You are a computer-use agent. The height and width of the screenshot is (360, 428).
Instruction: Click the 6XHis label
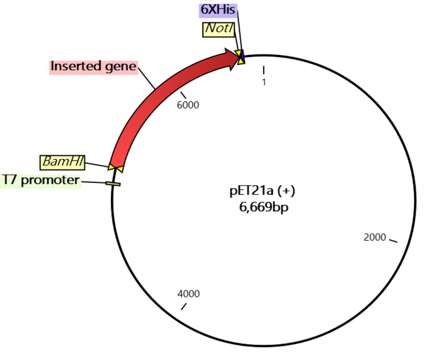[218, 10]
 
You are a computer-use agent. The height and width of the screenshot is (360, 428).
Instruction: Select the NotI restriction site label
[219, 30]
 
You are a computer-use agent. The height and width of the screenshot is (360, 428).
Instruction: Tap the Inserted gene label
[94, 67]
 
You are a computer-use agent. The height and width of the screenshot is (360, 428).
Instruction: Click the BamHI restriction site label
[62, 162]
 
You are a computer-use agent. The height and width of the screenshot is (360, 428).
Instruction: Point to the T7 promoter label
[41, 181]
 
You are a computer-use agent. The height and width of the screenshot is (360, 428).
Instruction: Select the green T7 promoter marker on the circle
[113, 184]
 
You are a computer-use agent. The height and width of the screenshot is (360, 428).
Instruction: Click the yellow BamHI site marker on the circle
[116, 168]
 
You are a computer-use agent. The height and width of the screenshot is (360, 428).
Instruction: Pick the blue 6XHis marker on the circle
[242, 56]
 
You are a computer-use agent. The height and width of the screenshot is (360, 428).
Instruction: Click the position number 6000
[188, 105]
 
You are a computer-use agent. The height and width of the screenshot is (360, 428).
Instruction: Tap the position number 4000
[188, 294]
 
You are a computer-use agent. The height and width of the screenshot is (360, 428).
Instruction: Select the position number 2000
[375, 238]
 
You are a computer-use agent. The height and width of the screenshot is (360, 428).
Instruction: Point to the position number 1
[264, 82]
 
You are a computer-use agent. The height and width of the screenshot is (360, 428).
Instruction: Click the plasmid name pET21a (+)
[262, 191]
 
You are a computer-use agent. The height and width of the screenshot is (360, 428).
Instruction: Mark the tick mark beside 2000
[393, 241]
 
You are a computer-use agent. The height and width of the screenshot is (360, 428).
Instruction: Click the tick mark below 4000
[184, 306]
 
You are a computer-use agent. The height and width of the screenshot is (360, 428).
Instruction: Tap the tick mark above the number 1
[264, 70]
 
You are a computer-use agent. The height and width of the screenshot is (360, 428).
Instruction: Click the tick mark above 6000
[183, 95]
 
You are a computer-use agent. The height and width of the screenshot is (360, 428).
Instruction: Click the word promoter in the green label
[50, 181]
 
